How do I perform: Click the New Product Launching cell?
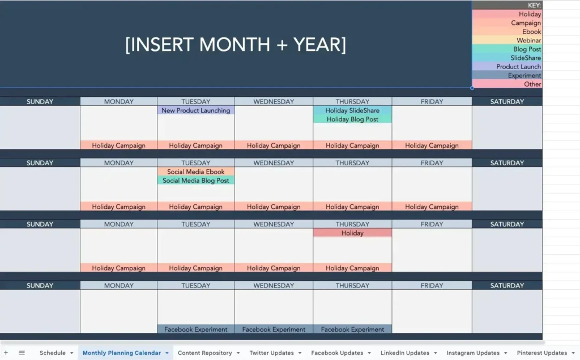coord(195,110)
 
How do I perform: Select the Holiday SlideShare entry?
coord(352,110)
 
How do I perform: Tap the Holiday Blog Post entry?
coord(352,119)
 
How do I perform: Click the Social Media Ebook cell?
coord(195,172)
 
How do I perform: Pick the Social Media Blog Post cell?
coord(195,181)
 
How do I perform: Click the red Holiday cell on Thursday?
coord(352,233)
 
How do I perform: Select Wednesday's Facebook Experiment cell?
coord(274,329)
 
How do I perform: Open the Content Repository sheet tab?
coord(204,353)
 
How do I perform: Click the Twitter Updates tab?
coord(271,353)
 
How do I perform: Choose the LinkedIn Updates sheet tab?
coord(404,353)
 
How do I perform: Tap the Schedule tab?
coord(53,353)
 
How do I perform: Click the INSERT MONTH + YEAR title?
coord(236,45)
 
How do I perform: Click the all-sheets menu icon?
coord(22,353)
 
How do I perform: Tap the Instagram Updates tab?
coord(473,353)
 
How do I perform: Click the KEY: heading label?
coord(534,5)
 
